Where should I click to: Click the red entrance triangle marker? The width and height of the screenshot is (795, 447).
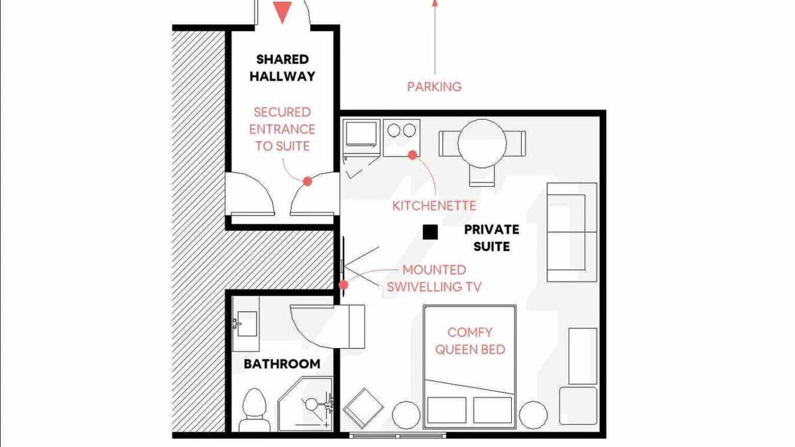pyautogui.click(x=282, y=11)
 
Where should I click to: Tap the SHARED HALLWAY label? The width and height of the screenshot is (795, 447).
pyautogui.click(x=283, y=68)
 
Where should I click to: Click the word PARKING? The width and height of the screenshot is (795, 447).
pyautogui.click(x=434, y=86)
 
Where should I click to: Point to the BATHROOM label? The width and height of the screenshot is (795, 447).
pyautogui.click(x=282, y=364)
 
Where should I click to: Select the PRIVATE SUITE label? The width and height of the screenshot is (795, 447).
pyautogui.click(x=491, y=238)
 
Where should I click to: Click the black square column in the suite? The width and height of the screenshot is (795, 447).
pyautogui.click(x=430, y=232)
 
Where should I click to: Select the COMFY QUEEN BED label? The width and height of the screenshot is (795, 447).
pyautogui.click(x=470, y=341)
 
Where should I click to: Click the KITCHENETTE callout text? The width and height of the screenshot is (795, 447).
pyautogui.click(x=434, y=205)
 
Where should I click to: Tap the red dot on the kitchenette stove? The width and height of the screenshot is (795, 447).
pyautogui.click(x=412, y=155)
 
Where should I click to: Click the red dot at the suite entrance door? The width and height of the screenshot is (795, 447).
pyautogui.click(x=307, y=181)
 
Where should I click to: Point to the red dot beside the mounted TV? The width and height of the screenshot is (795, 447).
pyautogui.click(x=343, y=285)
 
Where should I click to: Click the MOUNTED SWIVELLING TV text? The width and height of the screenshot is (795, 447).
pyautogui.click(x=434, y=279)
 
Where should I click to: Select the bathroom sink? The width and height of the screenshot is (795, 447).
pyautogui.click(x=245, y=324)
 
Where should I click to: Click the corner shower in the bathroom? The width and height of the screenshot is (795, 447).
pyautogui.click(x=305, y=404)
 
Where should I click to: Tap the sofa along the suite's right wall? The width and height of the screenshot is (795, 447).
pyautogui.click(x=572, y=232)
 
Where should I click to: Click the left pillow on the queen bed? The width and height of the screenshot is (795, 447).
pyautogui.click(x=447, y=410)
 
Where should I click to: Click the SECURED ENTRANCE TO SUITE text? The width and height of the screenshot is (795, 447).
pyautogui.click(x=282, y=129)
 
